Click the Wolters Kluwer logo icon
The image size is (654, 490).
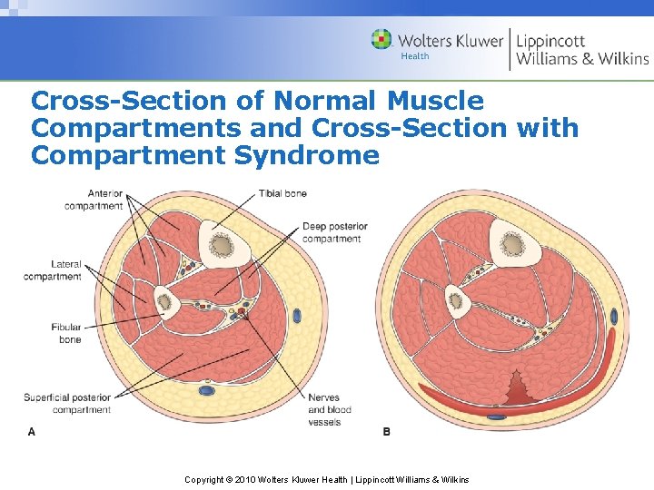pyautogui.click(x=382, y=40)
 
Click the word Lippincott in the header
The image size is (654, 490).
pyautogui.click(x=551, y=40)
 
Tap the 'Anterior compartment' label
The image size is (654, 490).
pyautogui.click(x=94, y=200)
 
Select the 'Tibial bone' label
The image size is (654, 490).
pyautogui.click(x=282, y=193)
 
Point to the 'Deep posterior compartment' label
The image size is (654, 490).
pyautogui.click(x=334, y=232)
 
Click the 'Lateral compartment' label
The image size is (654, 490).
pyautogui.click(x=53, y=270)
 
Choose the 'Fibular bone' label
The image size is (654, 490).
pyautogui.click(x=66, y=333)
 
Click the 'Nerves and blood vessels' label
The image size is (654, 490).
pyautogui.click(x=329, y=410)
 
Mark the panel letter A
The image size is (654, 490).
pyautogui.click(x=32, y=432)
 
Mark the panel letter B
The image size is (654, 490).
pyautogui.click(x=387, y=432)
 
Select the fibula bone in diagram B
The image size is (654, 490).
pyautogui.click(x=457, y=300)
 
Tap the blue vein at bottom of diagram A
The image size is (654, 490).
pyautogui.click(x=207, y=391)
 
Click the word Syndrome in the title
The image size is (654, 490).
pyautogui.click(x=307, y=155)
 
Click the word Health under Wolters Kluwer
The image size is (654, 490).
pyautogui.click(x=415, y=56)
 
